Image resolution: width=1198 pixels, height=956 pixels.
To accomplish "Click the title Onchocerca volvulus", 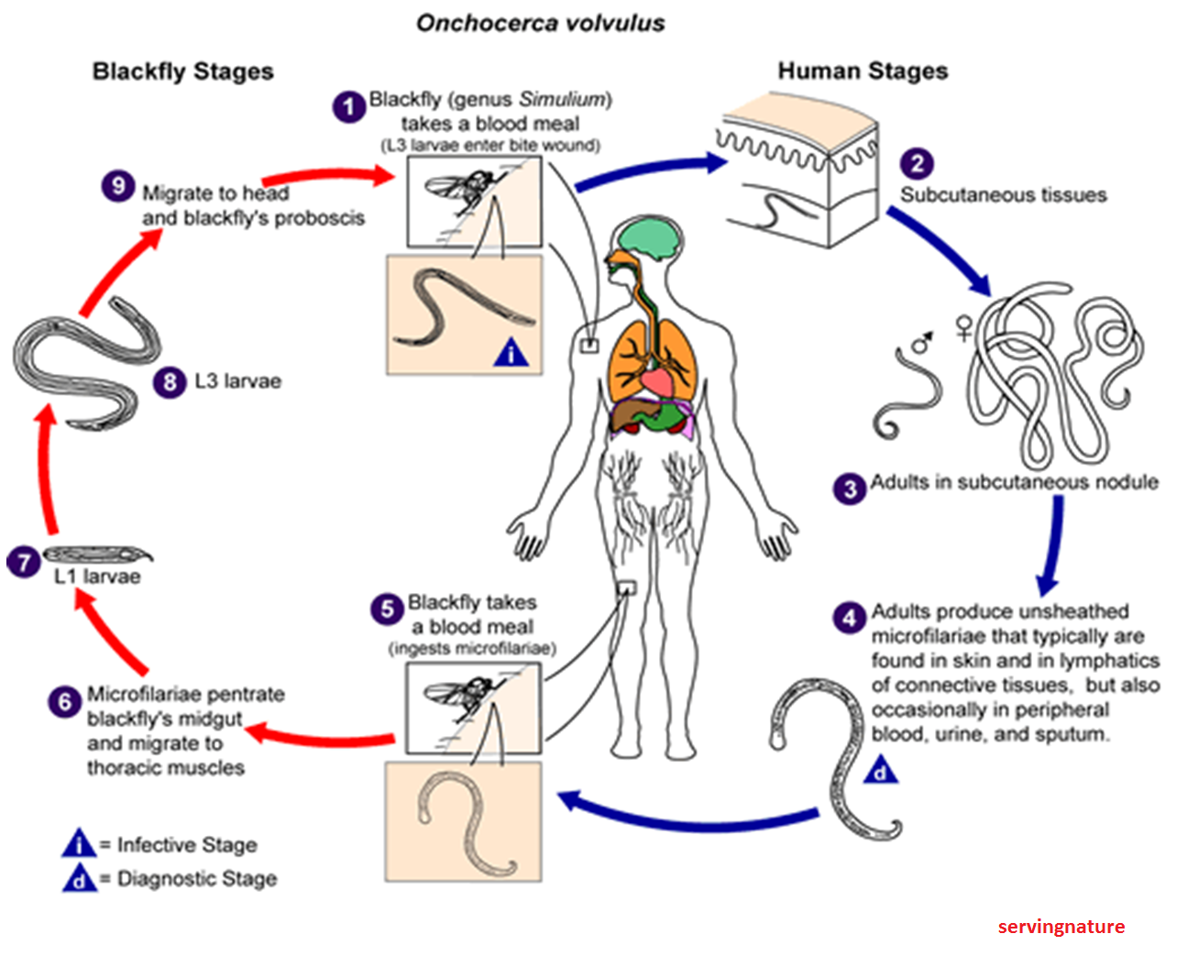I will point(541,23).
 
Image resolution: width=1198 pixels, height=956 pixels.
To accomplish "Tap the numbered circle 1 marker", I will point(348,107).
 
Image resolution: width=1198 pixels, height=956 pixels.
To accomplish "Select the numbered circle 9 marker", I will point(118,186).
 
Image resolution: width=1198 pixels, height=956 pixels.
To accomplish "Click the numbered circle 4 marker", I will point(849,618).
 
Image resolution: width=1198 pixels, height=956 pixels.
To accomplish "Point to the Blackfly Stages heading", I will point(182,71).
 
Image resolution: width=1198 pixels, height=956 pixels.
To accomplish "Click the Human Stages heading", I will point(863,71).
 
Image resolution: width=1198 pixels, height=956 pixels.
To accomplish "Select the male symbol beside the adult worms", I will point(922,343).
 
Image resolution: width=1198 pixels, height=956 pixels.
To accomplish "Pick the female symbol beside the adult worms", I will point(964,327).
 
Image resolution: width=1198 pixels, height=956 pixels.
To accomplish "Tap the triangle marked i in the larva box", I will point(511,353).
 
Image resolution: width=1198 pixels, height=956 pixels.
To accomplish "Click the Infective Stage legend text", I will point(187,844).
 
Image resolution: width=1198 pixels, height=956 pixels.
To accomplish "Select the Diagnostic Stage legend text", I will point(197,878).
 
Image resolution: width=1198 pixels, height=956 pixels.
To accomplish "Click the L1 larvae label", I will point(97,577).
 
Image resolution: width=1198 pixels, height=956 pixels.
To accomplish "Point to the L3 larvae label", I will point(237,381).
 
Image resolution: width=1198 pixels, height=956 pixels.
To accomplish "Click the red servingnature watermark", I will point(1061,927).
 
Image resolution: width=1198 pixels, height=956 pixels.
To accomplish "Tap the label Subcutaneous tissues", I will point(1003,194).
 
